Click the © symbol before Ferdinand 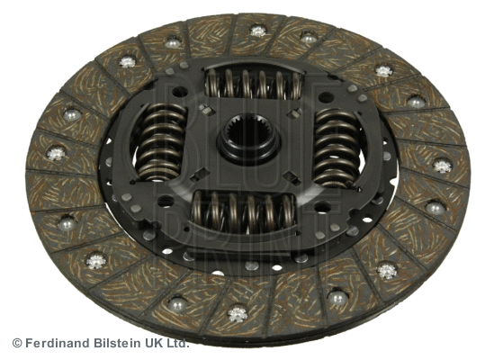pos(16,343)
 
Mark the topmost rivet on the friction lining pos(259,31)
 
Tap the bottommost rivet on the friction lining pos(238,313)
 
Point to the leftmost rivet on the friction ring pos(57,154)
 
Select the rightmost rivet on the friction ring pos(443,166)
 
